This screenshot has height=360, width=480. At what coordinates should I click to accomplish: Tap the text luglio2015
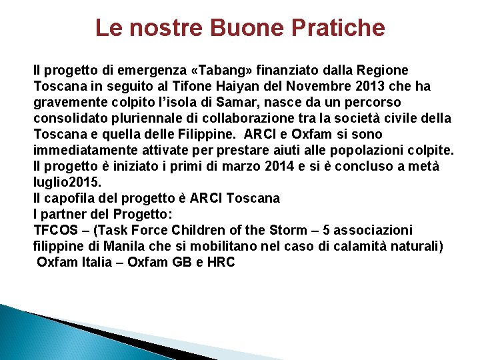point(67,182)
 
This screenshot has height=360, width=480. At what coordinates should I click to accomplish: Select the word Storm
point(290,230)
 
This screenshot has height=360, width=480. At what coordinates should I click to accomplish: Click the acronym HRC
point(221,262)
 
